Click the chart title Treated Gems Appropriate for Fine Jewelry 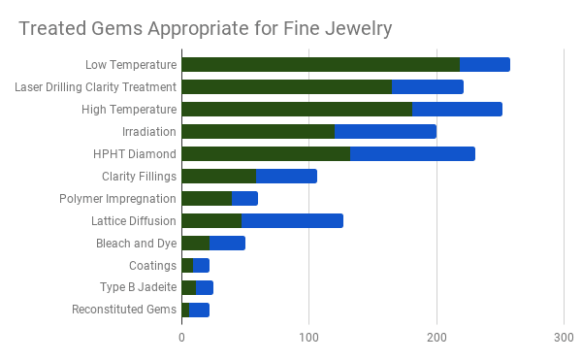coord(206,28)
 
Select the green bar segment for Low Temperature coord(320,65)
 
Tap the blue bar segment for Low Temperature coord(484,65)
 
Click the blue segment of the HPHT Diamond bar coord(412,153)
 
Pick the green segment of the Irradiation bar coord(258,131)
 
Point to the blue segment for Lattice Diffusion coord(292,220)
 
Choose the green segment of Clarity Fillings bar coord(218,176)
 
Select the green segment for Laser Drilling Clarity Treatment coord(286,87)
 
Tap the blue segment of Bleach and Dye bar coord(227,243)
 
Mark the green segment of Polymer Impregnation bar coord(207,198)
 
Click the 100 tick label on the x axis coord(308,337)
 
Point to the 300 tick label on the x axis coord(564,337)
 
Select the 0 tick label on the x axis coord(182,337)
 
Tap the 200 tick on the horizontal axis coord(436,337)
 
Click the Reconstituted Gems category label coord(124,310)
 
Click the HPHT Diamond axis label coord(136,153)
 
